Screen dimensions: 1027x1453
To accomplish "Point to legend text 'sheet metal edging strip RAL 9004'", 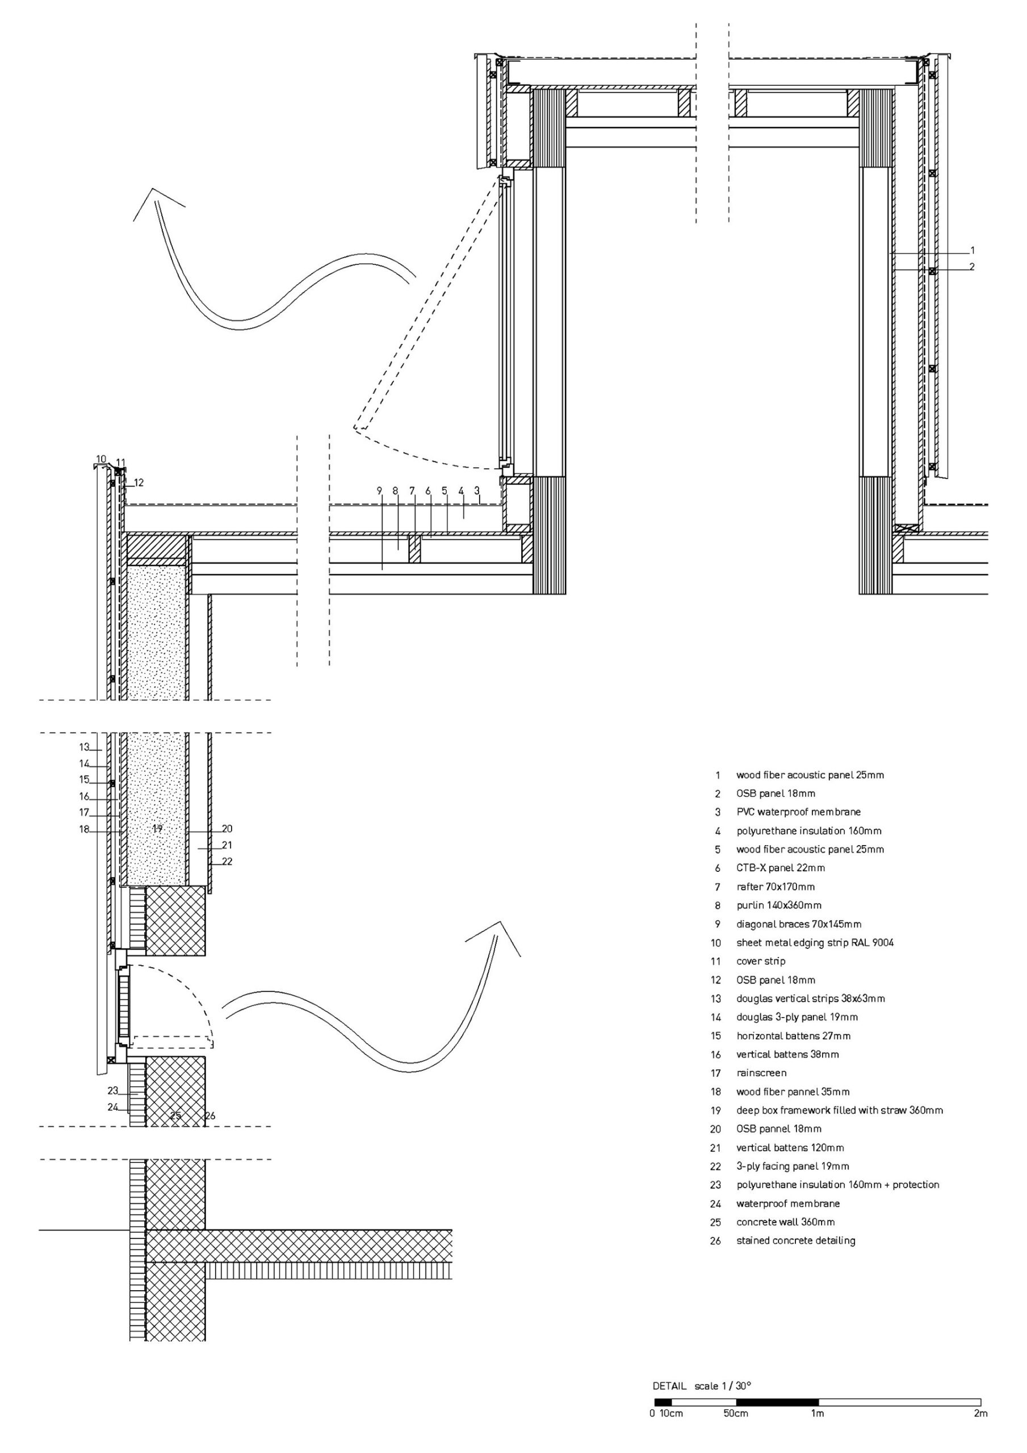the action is pyautogui.click(x=815, y=942).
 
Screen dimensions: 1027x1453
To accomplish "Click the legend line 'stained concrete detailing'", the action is pyautogui.click(x=795, y=1240).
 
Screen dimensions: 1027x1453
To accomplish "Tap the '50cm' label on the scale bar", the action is pyautogui.click(x=736, y=1413).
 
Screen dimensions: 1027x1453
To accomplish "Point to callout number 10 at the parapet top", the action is pyautogui.click(x=101, y=459).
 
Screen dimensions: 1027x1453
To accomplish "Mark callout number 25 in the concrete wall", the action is pyautogui.click(x=176, y=1116).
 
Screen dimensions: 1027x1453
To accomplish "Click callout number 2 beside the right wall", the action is pyautogui.click(x=972, y=267).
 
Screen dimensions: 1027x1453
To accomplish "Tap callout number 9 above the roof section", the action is pyautogui.click(x=380, y=490).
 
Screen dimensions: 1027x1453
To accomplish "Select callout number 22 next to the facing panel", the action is pyautogui.click(x=227, y=861).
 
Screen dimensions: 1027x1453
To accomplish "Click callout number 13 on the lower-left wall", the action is pyautogui.click(x=85, y=748).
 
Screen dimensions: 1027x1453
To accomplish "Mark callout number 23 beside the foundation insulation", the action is pyautogui.click(x=113, y=1090).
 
